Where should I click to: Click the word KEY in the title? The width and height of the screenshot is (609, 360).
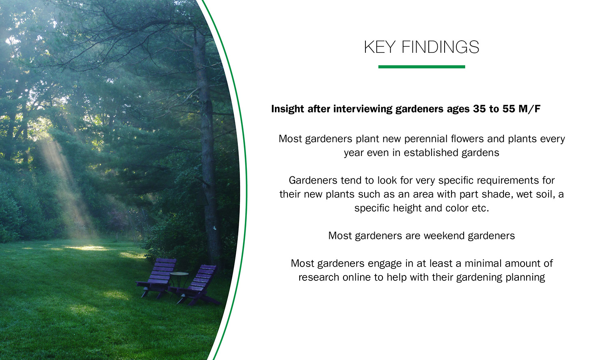[x=380, y=47]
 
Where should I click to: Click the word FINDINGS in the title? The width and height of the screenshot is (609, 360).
[x=440, y=47]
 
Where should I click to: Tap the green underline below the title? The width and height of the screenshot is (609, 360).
[x=422, y=67]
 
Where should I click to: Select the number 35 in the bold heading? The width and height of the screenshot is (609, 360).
[x=479, y=109]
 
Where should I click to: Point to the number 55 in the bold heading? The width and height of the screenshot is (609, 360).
[x=509, y=109]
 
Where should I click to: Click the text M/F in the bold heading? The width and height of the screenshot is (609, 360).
[x=529, y=109]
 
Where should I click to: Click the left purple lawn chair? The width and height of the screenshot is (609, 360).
[x=157, y=278]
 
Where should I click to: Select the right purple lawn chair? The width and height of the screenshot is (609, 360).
[x=197, y=284]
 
